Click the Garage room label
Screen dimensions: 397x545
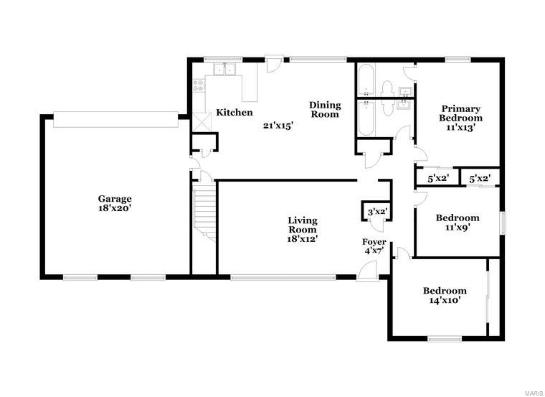pos(115,199)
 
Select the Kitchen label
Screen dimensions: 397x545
pos(234,113)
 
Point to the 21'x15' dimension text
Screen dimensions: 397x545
pos(279,125)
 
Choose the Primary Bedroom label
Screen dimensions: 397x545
pos(461,113)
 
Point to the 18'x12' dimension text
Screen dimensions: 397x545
pos(302,238)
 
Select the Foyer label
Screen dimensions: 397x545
pos(374,242)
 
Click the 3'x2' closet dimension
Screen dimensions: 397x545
pos(377,212)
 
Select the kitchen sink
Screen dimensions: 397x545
pos(225,70)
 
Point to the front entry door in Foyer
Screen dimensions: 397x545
pos(368,270)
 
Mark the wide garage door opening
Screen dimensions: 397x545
pos(115,117)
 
